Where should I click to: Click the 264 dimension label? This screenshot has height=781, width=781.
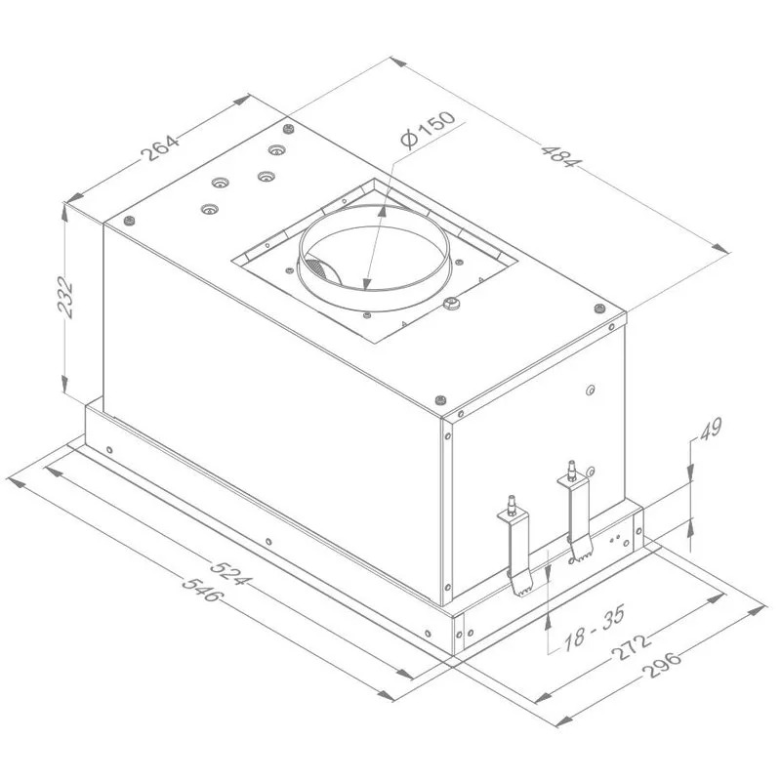pos(160,147)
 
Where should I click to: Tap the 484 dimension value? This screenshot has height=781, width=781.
pos(561,156)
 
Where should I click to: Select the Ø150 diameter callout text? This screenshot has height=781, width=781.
pos(428,130)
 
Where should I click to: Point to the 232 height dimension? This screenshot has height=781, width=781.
pos(65,297)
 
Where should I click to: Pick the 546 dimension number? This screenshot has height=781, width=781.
pos(201,589)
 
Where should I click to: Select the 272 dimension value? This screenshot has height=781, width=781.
pos(630,647)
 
